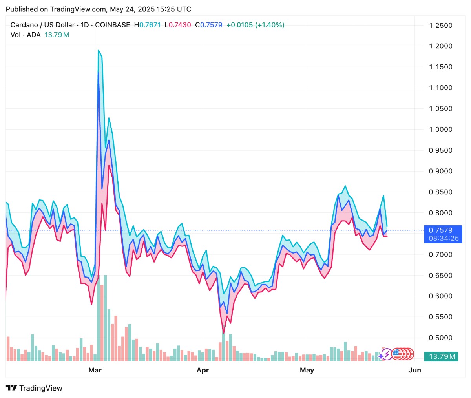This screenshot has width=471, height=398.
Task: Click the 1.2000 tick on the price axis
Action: [440, 46]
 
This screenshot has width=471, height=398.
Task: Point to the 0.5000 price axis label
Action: [440, 338]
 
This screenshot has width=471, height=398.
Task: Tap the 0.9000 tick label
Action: [440, 171]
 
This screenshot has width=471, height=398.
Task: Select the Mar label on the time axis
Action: [95, 370]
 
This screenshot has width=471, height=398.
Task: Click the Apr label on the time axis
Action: [203, 370]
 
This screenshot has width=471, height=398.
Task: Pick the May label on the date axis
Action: [307, 370]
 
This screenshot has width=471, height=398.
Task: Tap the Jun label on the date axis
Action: [414, 370]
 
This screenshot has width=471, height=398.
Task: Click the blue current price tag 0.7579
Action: [440, 230]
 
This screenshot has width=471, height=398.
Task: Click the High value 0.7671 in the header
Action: [150, 25]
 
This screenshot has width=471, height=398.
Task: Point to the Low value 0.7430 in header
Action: [180, 25]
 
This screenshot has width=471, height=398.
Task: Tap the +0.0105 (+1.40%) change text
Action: [255, 25]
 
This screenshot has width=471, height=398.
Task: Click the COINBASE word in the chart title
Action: [112, 25]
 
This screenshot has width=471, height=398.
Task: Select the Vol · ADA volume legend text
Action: [26, 35]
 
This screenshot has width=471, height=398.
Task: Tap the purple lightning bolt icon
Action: [387, 354]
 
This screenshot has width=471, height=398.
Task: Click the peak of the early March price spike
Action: [99, 50]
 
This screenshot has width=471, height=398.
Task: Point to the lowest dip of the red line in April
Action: [224, 333]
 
